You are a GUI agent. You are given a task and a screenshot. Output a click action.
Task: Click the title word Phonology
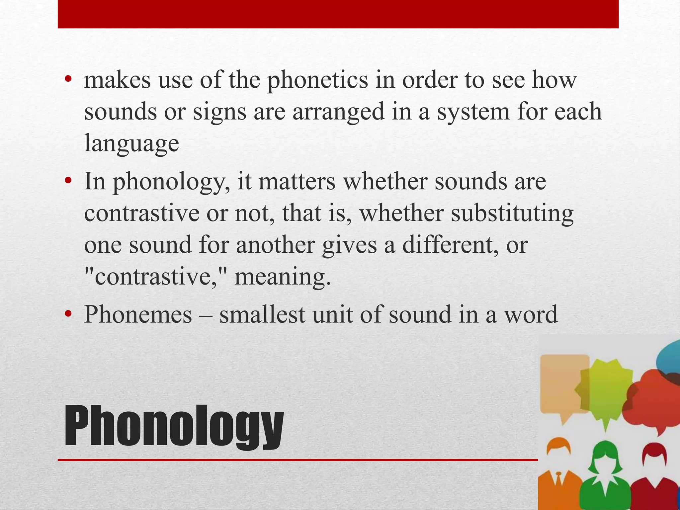point(174,427)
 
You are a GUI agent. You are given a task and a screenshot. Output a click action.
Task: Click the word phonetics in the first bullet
point(318,80)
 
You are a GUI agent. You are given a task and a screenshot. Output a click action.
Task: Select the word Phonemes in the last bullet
point(138,314)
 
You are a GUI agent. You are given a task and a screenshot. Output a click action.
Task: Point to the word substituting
point(512,213)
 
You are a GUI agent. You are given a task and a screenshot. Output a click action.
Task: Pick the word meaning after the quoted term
point(283,277)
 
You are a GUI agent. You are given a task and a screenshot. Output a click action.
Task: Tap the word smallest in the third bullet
point(262,314)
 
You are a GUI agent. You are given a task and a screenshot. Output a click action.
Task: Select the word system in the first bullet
point(473,112)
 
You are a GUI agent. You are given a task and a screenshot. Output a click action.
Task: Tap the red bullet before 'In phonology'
point(68,181)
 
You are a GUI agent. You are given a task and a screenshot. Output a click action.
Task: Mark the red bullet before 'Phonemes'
point(68,314)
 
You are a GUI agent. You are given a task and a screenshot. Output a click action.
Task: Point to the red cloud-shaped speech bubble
point(651,402)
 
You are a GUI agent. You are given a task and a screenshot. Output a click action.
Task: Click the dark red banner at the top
point(338,14)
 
